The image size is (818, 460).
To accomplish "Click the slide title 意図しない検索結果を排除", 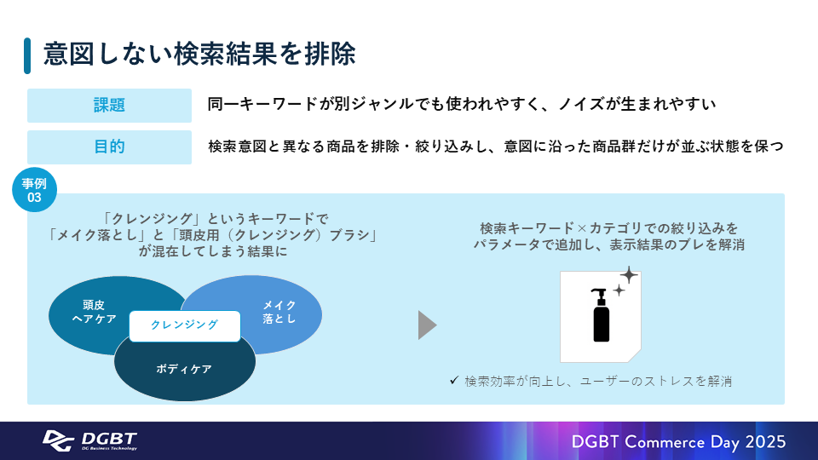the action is (x=199, y=55).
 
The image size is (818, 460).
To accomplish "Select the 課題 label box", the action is (x=110, y=106).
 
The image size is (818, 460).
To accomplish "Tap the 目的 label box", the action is (x=110, y=147).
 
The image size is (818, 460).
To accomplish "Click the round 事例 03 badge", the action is (x=34, y=190).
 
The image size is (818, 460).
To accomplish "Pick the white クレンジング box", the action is (x=185, y=326).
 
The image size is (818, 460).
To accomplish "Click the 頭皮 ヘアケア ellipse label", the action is (x=94, y=312).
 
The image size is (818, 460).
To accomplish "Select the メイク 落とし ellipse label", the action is (x=279, y=312).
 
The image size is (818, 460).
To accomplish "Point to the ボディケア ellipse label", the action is (x=184, y=369).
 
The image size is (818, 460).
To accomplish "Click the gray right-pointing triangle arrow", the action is (x=427, y=325).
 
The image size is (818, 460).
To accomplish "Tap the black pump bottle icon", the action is (x=601, y=315).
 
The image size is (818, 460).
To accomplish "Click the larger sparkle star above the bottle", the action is (x=629, y=275).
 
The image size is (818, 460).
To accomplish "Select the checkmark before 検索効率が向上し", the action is (x=454, y=381).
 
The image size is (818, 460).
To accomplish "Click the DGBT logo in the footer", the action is (x=89, y=440).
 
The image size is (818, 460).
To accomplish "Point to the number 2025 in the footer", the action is (x=765, y=442).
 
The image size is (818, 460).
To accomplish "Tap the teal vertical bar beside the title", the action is (x=27, y=56).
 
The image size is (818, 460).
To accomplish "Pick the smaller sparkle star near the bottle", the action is (x=619, y=290).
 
